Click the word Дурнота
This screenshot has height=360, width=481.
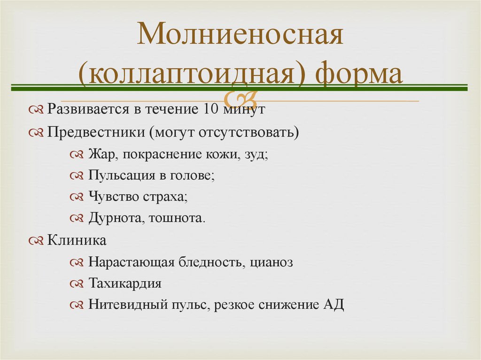pos(111,218)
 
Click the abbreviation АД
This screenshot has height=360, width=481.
pos(334,305)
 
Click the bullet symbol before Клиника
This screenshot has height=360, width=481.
pos(36,241)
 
